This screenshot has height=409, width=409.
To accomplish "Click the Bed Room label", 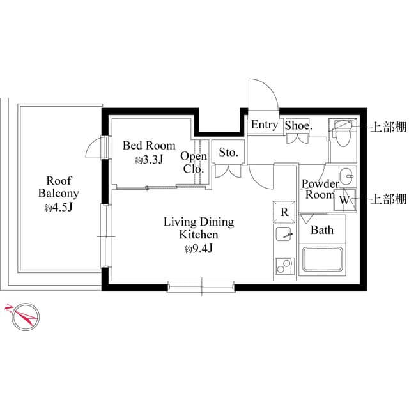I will (x=148, y=146).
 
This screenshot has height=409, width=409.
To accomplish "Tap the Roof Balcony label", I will (x=58, y=187).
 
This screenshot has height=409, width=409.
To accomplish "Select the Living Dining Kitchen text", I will (x=199, y=229).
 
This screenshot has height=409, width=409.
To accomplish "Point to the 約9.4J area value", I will (x=198, y=249).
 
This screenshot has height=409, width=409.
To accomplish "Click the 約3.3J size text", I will (x=149, y=160).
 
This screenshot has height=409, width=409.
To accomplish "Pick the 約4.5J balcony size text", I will (x=58, y=208).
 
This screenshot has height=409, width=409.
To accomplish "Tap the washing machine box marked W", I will (x=344, y=200).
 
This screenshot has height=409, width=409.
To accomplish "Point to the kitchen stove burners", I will (x=284, y=265).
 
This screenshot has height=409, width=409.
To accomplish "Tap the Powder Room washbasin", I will (x=346, y=174).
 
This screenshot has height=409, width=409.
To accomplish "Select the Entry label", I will (x=264, y=125).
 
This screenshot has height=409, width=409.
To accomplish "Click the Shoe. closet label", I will (x=298, y=126).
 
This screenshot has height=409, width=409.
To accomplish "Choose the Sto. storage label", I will (x=228, y=153).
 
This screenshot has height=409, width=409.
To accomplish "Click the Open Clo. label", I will (x=193, y=163).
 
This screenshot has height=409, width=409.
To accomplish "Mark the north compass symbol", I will (x=24, y=316).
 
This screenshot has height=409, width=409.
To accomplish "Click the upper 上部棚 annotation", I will (x=389, y=127).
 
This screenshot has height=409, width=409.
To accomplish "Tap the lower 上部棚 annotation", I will (x=389, y=199).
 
